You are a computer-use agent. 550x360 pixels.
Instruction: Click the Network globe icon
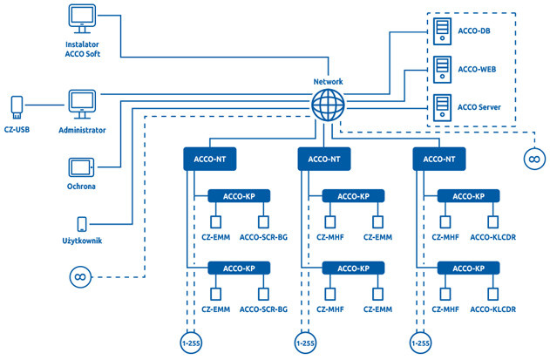click(x=329, y=107)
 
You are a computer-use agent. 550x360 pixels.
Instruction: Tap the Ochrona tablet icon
click(x=81, y=166)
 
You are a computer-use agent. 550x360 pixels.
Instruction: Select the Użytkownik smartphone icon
click(x=83, y=224)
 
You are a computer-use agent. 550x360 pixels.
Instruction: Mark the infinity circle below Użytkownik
click(x=79, y=277)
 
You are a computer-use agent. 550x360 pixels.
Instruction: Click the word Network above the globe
click(x=329, y=82)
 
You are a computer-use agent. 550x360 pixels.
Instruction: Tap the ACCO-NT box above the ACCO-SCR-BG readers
click(x=210, y=160)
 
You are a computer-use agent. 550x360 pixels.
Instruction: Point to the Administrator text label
click(x=82, y=130)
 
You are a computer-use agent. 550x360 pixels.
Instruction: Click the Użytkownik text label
click(x=82, y=241)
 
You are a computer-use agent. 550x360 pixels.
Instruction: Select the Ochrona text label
click(x=81, y=187)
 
